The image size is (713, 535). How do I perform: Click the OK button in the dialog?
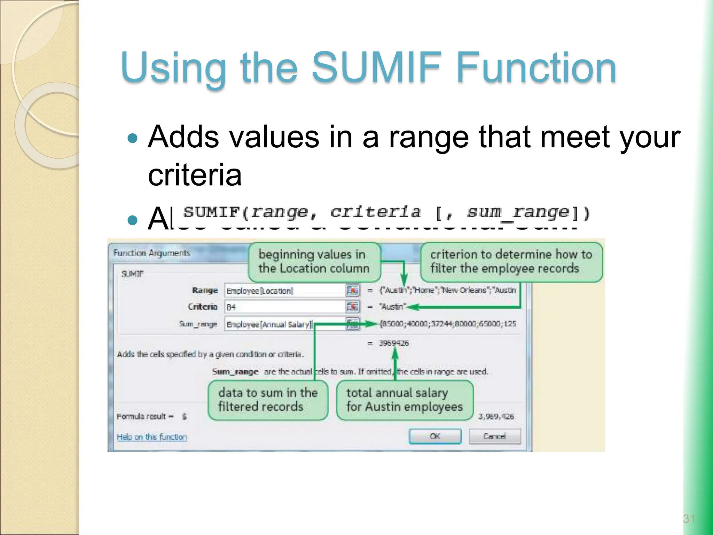click(435, 436)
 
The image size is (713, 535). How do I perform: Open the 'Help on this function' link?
click(152, 437)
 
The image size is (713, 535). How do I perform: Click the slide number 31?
click(689, 519)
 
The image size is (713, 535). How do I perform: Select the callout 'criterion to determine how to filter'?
click(511, 262)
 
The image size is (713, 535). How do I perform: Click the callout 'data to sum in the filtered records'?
click(268, 400)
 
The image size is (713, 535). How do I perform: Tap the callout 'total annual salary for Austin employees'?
click(404, 400)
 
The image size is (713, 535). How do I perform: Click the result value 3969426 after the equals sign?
click(394, 343)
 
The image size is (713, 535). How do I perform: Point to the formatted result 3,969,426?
click(496, 416)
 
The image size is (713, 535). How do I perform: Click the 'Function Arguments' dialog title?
click(152, 253)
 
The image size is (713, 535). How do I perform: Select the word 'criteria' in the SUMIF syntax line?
click(375, 212)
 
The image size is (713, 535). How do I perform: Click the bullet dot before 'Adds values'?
click(133, 139)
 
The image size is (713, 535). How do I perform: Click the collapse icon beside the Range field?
click(352, 290)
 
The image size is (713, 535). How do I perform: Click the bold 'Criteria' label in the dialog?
click(202, 307)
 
